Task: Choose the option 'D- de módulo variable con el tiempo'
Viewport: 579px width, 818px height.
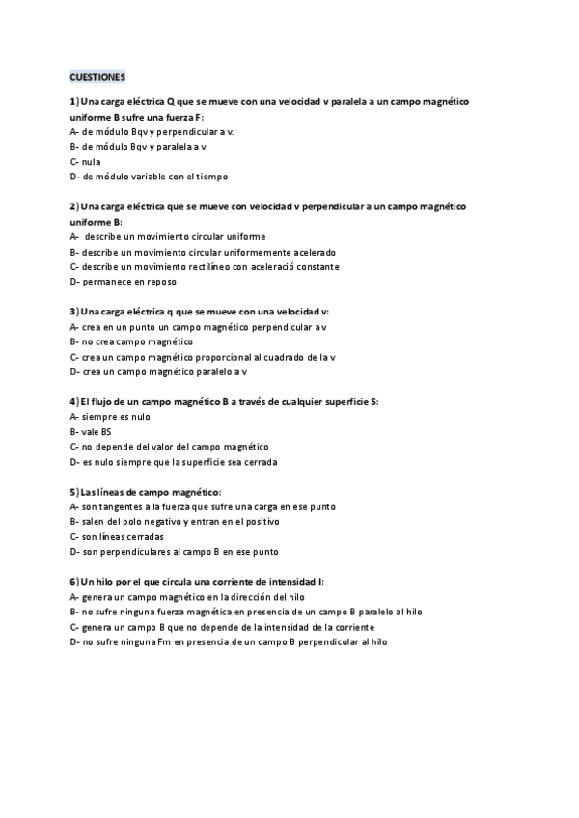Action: point(149,177)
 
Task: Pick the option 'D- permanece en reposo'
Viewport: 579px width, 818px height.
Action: point(123,282)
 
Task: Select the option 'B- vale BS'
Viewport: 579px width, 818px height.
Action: point(91,431)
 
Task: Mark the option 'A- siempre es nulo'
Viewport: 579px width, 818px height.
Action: point(110,417)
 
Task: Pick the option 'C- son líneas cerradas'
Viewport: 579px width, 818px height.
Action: point(117,536)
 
